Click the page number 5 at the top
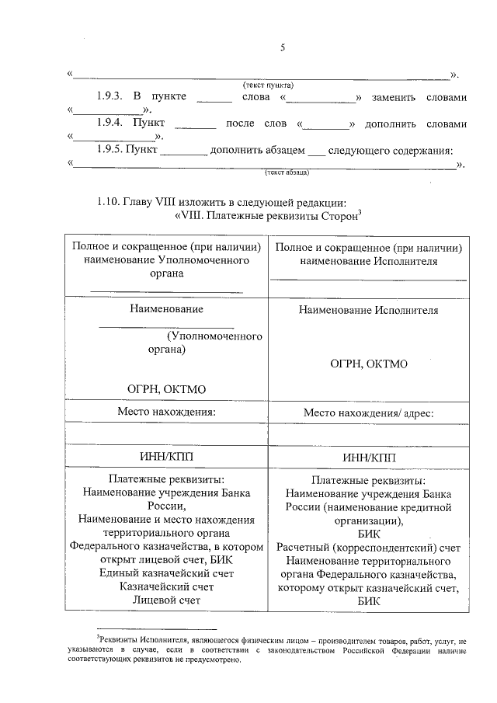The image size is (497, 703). point(283,48)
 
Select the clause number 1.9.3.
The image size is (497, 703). point(111,97)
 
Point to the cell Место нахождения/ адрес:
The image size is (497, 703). point(368,413)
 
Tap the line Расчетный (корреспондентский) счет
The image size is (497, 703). point(368,548)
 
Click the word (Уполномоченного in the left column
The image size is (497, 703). point(214,336)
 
